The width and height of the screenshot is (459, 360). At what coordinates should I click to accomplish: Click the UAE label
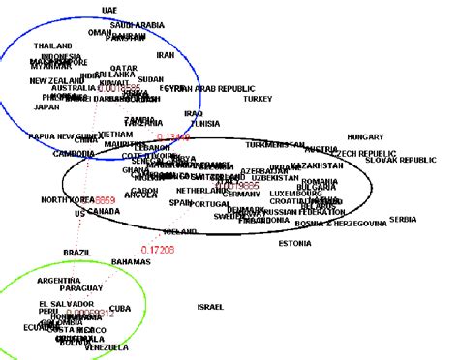click(x=110, y=9)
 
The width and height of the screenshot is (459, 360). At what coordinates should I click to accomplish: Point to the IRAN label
click(x=166, y=55)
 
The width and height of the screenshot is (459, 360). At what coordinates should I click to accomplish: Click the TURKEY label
click(x=258, y=98)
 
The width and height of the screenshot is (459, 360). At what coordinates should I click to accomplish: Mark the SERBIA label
click(x=403, y=220)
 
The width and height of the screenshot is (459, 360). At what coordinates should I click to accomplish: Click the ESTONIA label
click(x=295, y=243)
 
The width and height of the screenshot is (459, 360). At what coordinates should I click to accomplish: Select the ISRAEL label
click(x=210, y=307)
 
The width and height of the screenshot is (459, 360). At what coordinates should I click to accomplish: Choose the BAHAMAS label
click(x=132, y=262)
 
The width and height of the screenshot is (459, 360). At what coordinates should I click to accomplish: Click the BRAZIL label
click(x=77, y=252)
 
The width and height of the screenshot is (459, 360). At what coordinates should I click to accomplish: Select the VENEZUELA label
click(x=104, y=346)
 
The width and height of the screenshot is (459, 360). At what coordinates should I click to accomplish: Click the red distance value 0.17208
click(x=158, y=249)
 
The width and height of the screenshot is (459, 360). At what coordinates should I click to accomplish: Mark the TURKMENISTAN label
click(x=276, y=144)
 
